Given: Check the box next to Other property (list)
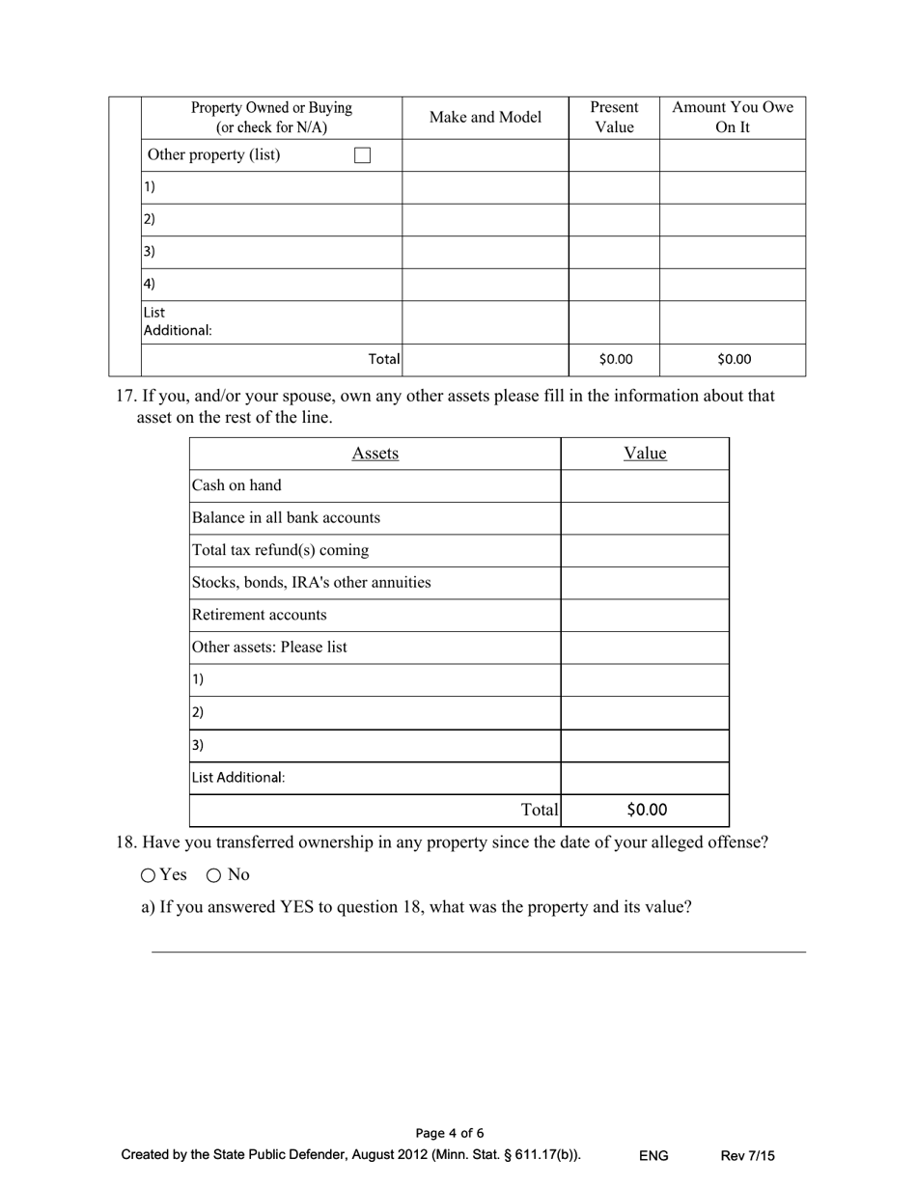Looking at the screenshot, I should coord(363,155).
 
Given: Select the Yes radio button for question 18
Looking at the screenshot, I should coord(148,875).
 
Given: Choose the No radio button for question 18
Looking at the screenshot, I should coord(214,875).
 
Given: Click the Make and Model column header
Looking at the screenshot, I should coord(485,117).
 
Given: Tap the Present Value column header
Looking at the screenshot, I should coord(614,117).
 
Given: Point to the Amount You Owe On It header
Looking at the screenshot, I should coord(732,117).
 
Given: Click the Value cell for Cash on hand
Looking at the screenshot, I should coord(644,485).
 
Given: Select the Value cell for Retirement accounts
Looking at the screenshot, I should coord(644,615).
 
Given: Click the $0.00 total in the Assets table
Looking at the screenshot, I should coord(646,810).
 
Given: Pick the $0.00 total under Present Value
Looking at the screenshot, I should coord(616,359).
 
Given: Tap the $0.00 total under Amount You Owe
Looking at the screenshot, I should coord(734,359).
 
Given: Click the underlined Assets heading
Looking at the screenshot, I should coord(375,454).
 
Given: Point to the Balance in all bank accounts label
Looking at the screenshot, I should coord(286,517).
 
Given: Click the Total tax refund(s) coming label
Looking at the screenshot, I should coord(280,550).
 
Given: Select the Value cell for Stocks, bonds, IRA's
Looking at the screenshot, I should coord(644,583).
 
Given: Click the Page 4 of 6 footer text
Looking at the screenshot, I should coord(450,1133).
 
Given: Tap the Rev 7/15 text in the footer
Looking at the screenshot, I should coord(747,1155).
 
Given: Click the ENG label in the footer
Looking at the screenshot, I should coord(653,1155).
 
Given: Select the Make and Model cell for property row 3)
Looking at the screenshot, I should coord(485,252).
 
